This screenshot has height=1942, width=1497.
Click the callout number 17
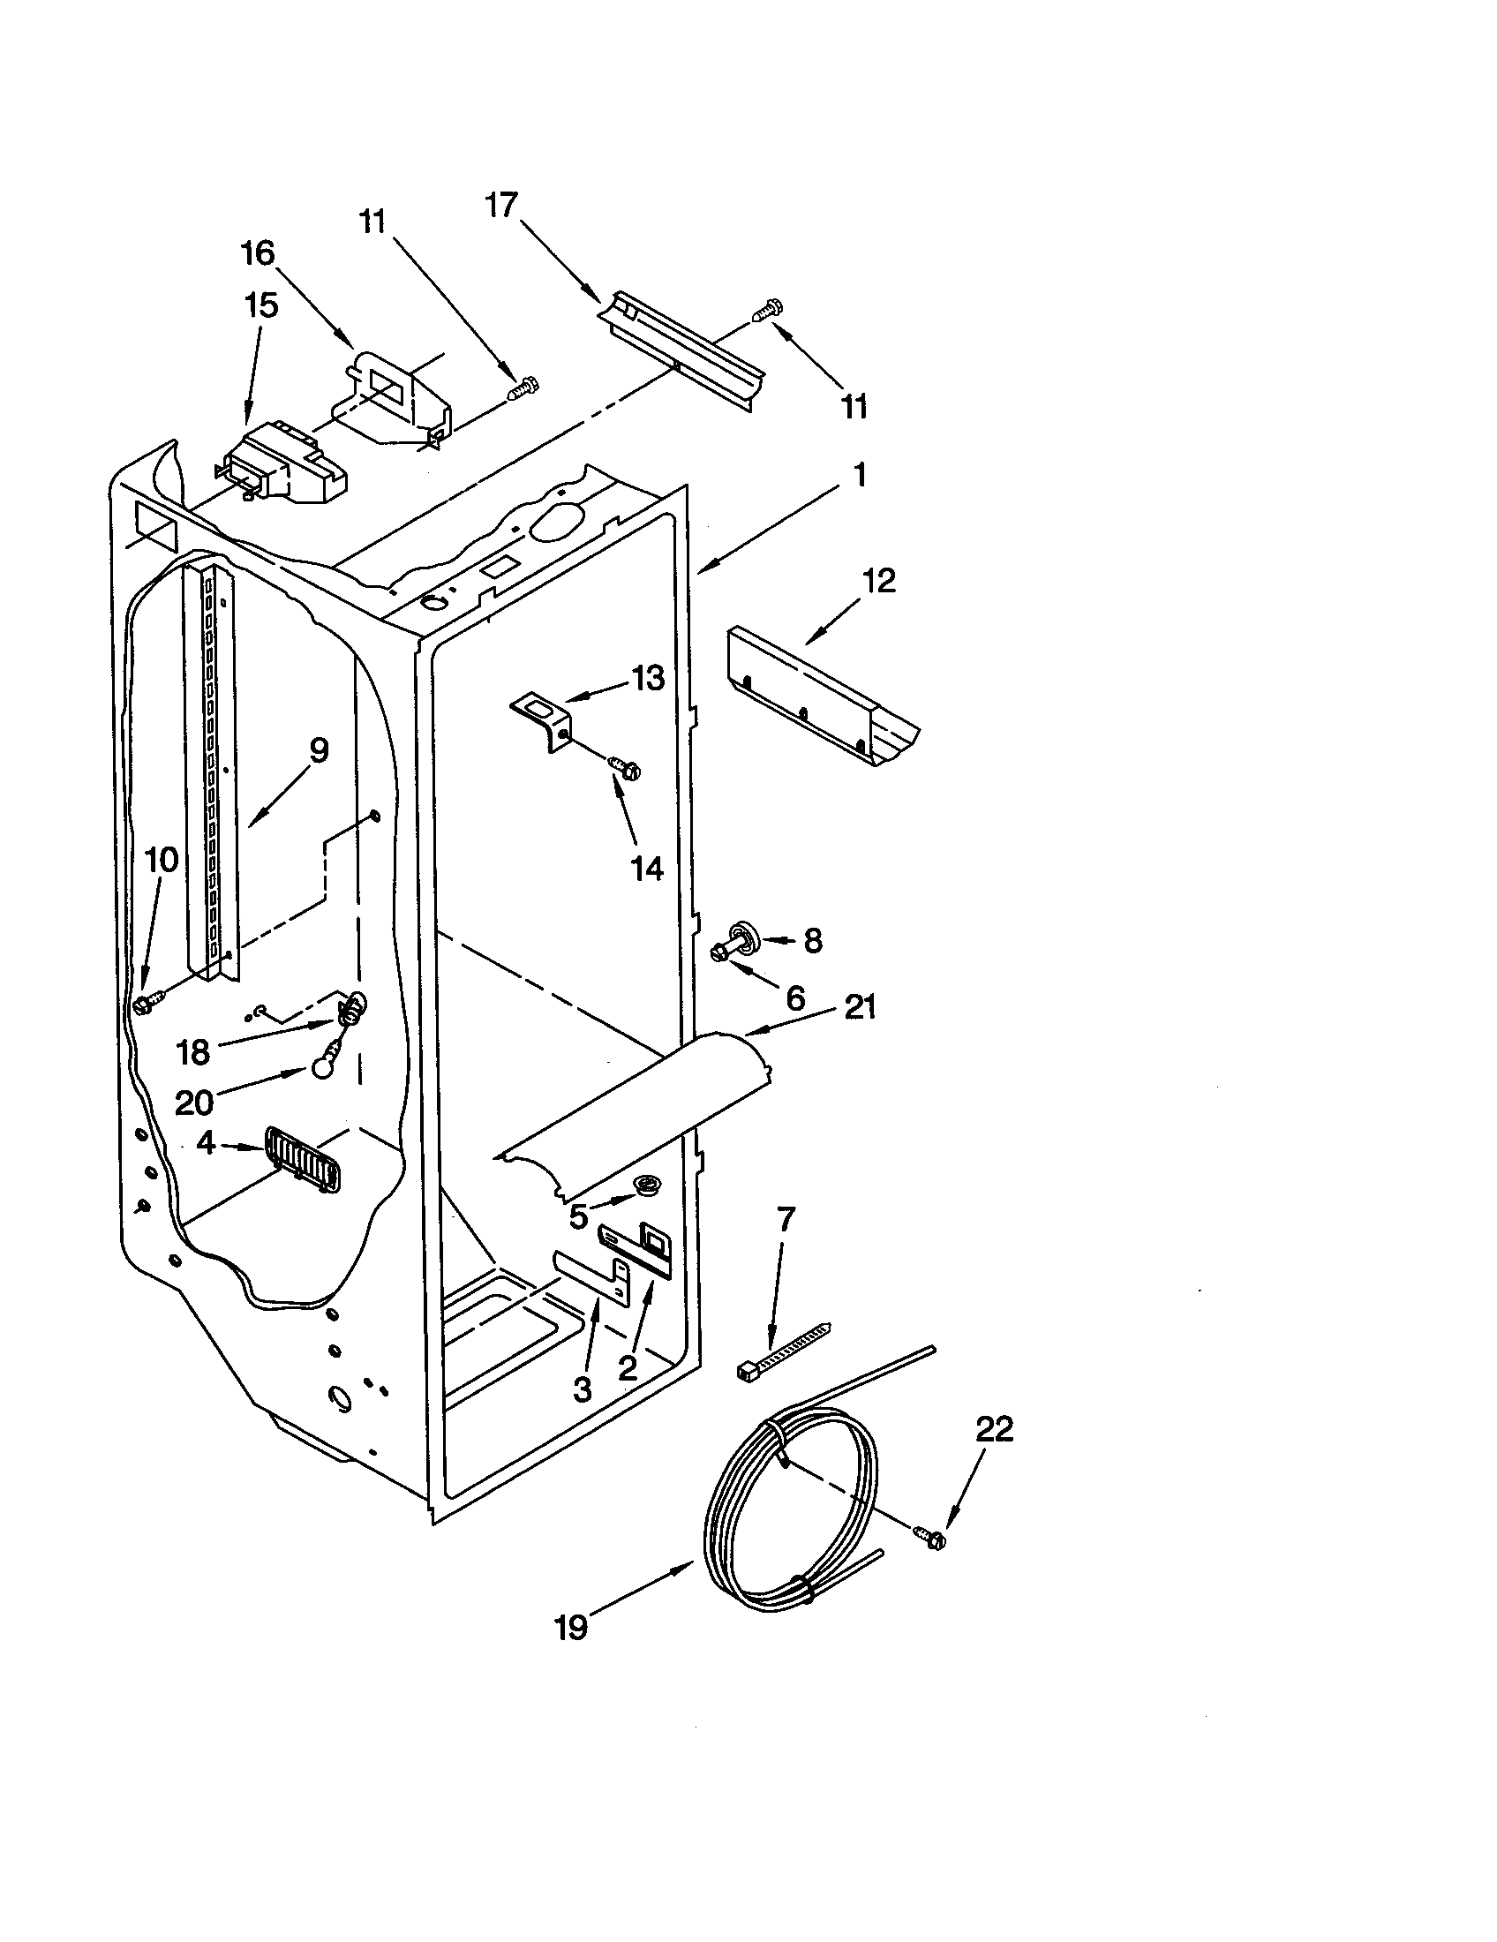click(x=501, y=206)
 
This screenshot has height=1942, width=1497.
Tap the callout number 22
click(x=994, y=1429)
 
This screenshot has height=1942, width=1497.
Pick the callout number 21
click(x=859, y=1007)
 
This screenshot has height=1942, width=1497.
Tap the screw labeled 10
click(x=145, y=1004)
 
